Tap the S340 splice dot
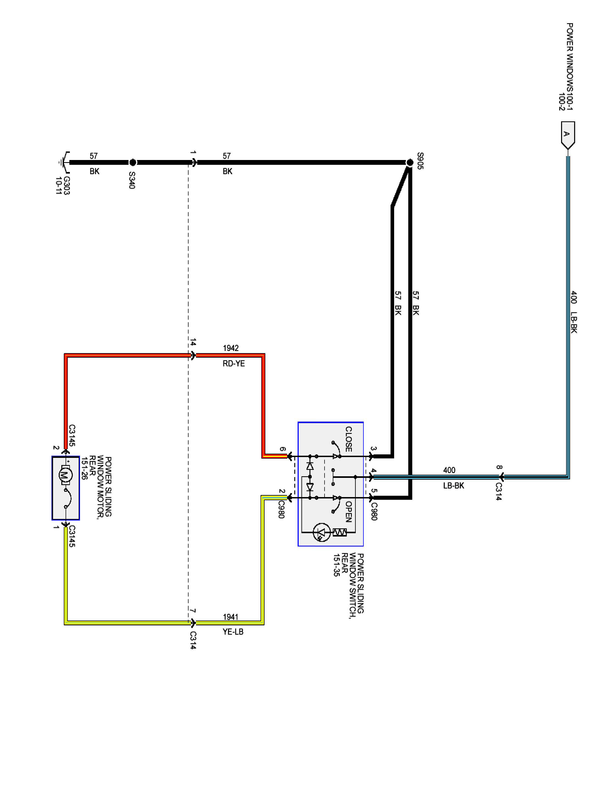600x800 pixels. click(x=133, y=162)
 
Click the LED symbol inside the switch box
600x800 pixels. click(x=321, y=532)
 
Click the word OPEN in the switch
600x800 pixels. click(x=348, y=511)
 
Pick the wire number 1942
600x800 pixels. click(x=230, y=348)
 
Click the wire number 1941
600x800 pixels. click(x=230, y=617)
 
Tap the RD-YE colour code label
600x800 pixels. click(x=234, y=363)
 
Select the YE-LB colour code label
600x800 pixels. click(x=233, y=632)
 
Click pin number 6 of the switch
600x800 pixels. click(x=283, y=450)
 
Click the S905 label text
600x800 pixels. click(x=420, y=161)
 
